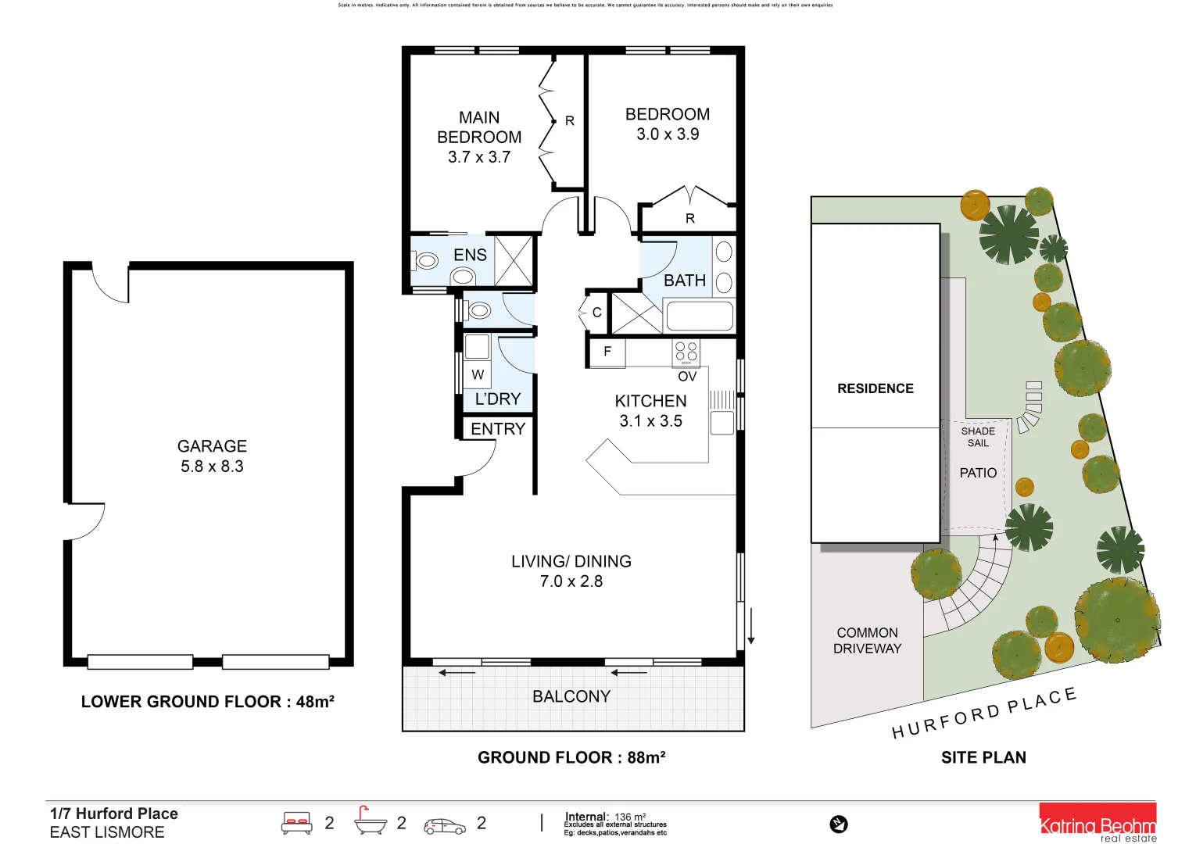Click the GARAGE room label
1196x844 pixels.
[212, 446]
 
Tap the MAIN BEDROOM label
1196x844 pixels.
[479, 127]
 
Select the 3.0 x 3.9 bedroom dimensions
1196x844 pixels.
[668, 134]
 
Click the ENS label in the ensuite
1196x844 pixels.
[470, 256]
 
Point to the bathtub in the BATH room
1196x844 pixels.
[699, 316]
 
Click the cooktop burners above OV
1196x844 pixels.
[686, 352]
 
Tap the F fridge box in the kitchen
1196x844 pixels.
[607, 352]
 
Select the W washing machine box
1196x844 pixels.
[478, 375]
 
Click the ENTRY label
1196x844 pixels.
[498, 429]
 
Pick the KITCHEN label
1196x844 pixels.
[650, 401]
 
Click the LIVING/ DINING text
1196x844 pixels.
[571, 561]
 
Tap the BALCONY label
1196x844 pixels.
[571, 696]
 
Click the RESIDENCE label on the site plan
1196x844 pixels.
[875, 388]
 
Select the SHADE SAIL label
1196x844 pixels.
[978, 437]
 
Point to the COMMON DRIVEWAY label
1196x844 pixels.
[867, 641]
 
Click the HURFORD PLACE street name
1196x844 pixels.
[984, 713]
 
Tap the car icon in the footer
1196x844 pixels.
[444, 825]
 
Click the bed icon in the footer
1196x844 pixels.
[297, 824]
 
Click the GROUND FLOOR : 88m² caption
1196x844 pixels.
[571, 757]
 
